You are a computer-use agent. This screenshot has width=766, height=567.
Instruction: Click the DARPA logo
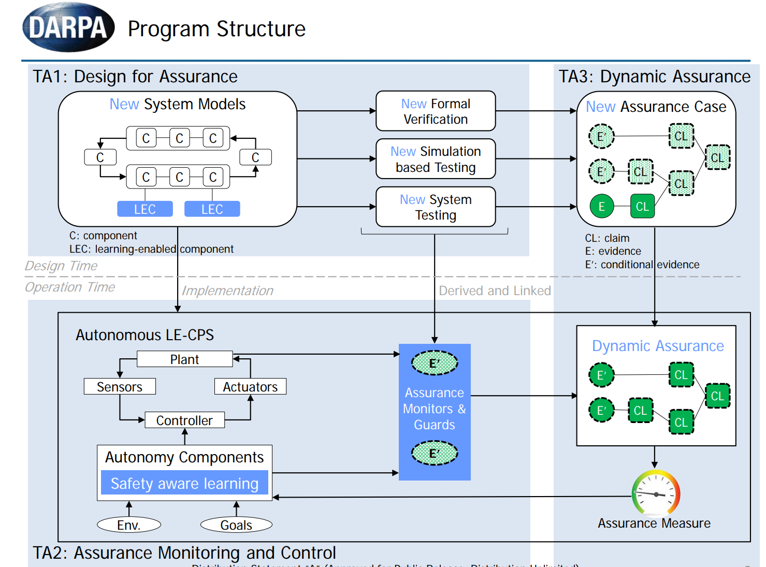coord(68,27)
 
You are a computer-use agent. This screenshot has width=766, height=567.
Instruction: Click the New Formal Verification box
coord(436,111)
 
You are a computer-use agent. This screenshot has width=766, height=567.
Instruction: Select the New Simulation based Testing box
coord(436,159)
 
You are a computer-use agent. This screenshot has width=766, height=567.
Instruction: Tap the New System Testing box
coord(436,207)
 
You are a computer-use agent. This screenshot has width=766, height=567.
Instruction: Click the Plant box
coord(184,359)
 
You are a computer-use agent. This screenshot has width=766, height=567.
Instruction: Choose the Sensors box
coord(120,387)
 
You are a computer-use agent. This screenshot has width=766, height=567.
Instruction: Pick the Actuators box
coord(250,387)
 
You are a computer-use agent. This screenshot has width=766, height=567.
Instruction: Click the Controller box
coord(184,420)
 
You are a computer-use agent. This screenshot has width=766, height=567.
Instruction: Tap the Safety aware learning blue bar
coord(184,483)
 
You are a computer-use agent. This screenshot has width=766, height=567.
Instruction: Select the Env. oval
coord(129,525)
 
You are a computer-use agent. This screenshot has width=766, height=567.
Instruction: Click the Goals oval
coord(236,525)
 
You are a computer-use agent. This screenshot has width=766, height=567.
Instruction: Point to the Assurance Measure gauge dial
coord(655,493)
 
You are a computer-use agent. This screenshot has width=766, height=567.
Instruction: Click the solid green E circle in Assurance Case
coord(601,207)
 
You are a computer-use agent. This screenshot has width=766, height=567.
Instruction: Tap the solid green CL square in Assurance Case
coord(642,207)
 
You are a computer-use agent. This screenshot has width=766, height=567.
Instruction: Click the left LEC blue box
coord(145,209)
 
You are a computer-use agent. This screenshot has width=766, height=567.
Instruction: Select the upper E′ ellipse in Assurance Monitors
coord(435,363)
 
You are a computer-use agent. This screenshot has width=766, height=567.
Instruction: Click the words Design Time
coord(61,266)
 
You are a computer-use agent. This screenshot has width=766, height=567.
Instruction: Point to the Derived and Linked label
coord(495,291)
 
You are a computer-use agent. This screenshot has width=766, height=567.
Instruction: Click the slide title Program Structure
coord(216,29)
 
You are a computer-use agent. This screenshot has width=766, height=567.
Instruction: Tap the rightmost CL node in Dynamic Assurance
coord(717,396)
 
